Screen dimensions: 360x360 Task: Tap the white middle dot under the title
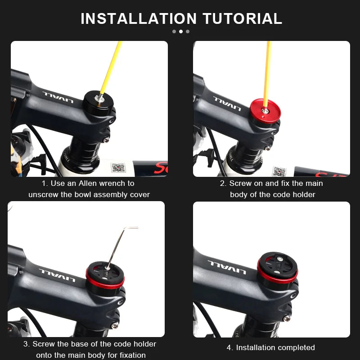181,31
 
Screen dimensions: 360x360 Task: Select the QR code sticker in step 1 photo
118,168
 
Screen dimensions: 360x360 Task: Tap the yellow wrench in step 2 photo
268,72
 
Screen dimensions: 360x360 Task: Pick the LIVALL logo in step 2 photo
227,103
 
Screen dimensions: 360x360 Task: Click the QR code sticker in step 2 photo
279,171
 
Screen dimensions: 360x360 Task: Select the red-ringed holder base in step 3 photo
105,276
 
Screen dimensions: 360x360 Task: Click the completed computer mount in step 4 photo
277,268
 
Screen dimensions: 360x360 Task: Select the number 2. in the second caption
223,183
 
